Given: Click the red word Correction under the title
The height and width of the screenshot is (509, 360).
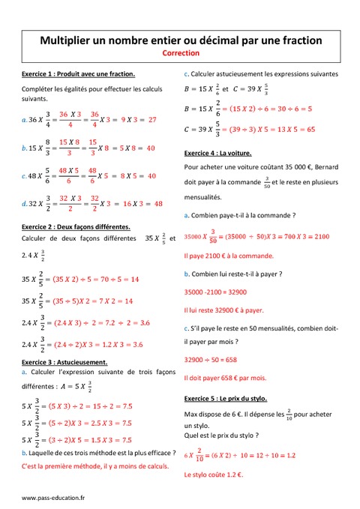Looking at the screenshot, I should [x=180, y=54].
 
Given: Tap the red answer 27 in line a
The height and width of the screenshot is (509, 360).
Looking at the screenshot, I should [x=152, y=119].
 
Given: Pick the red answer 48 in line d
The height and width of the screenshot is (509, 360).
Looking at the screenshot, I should [x=158, y=203].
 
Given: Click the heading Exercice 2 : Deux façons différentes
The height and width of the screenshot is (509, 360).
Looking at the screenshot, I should [x=76, y=226].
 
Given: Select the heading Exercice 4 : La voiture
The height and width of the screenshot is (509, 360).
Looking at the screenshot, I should [x=220, y=153].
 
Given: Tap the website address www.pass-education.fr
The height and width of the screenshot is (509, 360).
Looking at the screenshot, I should [x=53, y=497].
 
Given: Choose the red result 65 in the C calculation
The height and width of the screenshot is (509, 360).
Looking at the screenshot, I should [x=310, y=129].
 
